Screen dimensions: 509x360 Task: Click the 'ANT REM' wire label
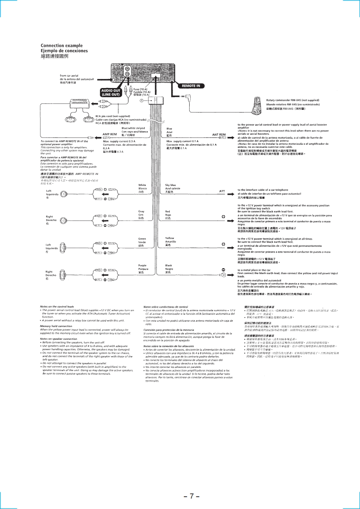pos(219,134)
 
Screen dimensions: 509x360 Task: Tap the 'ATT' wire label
pos(222,191)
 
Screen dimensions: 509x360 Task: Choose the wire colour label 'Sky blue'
pos(170,185)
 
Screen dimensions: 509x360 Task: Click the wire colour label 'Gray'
pos(141,211)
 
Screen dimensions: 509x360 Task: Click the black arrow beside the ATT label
pos(230,191)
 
